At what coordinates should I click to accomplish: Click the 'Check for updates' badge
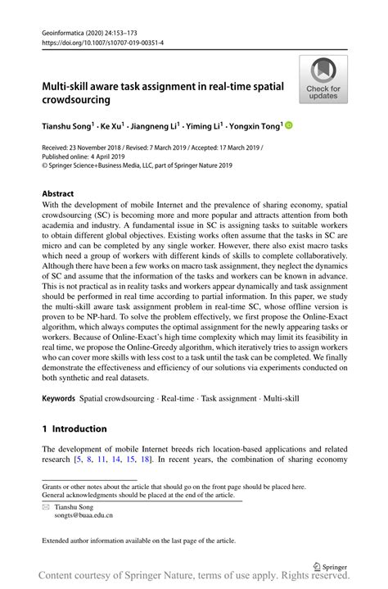(x=323, y=79)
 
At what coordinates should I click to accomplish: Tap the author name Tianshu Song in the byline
(x=68, y=126)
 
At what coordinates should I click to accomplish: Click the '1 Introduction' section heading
(x=74, y=428)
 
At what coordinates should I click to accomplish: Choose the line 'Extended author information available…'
(x=139, y=541)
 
